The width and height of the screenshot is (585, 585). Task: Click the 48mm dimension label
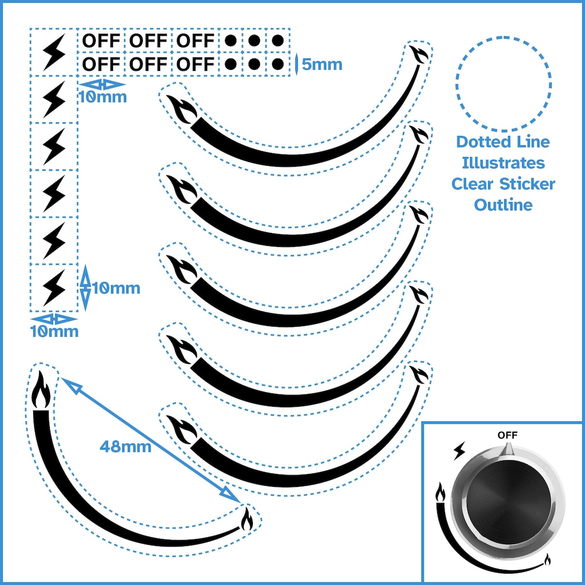[126, 447]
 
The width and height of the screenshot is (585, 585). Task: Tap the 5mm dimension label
[322, 64]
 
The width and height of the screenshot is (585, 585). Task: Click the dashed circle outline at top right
[503, 84]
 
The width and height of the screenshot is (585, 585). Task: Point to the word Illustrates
[503, 162]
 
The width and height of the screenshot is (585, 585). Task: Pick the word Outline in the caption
[503, 205]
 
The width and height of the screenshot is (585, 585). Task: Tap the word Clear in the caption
[472, 184]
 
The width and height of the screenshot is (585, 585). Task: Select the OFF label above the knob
[508, 435]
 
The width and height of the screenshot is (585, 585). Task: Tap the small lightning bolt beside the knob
[459, 449]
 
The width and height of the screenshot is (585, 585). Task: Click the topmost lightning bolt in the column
[54, 51]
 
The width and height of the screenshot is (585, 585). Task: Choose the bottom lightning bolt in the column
[54, 288]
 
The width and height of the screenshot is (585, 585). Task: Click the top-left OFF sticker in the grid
[101, 41]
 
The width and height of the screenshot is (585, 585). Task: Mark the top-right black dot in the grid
[278, 41]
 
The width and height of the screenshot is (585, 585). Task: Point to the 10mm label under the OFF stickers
[102, 97]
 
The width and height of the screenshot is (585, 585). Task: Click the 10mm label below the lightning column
[54, 331]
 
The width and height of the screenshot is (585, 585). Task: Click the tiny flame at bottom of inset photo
[548, 559]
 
